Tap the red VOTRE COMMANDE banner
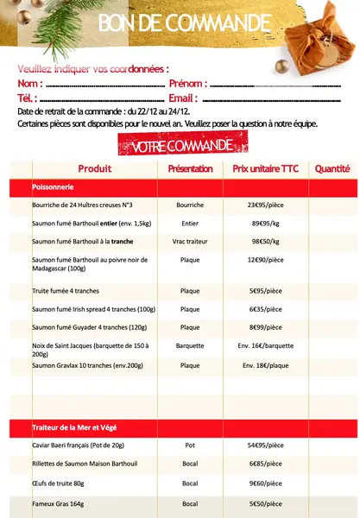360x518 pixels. [181, 147]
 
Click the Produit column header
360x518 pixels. [95, 168]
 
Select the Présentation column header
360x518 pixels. [190, 168]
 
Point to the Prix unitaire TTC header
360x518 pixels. [266, 168]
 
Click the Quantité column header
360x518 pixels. [332, 168]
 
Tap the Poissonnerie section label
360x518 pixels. [53, 186]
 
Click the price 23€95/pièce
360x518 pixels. [266, 205]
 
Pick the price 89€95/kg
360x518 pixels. [266, 224]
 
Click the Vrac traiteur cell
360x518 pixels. [190, 242]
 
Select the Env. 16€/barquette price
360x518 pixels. [266, 345]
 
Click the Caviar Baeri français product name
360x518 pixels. [79, 445]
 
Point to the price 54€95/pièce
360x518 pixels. [266, 445]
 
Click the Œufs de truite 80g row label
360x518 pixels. [58, 483]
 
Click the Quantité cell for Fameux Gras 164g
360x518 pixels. [332, 503]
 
